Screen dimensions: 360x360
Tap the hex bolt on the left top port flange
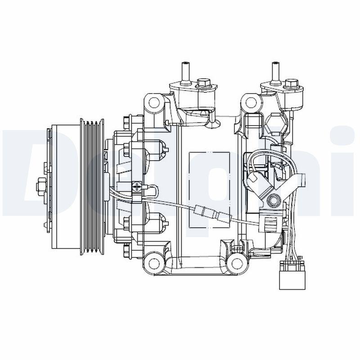(x=203, y=83)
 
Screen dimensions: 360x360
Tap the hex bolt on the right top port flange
(x=292, y=83)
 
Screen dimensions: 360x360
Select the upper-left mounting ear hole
(x=154, y=103)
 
